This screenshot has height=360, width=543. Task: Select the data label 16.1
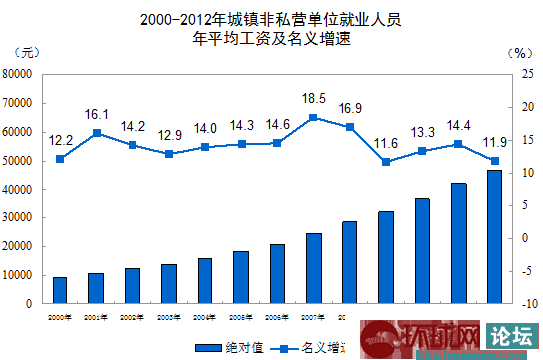tap(96, 115)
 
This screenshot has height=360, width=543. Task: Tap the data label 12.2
tap(60, 139)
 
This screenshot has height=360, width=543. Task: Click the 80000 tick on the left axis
tap(19, 74)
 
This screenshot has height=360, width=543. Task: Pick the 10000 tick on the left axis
tap(19, 274)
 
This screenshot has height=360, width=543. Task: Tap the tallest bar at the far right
tap(494, 236)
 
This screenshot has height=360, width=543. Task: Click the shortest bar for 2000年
tap(60, 290)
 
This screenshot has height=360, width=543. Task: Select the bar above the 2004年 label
tap(205, 280)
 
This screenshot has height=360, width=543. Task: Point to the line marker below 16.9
tap(350, 127)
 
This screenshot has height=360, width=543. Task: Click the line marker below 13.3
tap(422, 151)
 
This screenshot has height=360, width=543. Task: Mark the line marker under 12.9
tap(169, 154)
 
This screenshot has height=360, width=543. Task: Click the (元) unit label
tap(30, 52)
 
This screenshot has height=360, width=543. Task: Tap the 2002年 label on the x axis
tap(133, 316)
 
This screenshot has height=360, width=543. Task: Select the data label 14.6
tap(277, 125)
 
